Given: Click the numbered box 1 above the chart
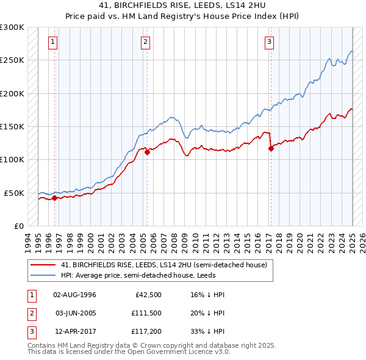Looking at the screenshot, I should click(x=54, y=42).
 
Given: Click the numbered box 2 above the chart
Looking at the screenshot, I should click(x=146, y=42).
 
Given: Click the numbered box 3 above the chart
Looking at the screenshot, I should click(x=269, y=42).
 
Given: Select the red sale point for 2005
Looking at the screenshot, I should click(x=147, y=153).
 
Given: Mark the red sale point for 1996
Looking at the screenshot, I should click(x=55, y=198).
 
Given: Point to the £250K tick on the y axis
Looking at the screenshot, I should click(x=12, y=60).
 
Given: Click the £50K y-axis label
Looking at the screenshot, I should click(x=14, y=193).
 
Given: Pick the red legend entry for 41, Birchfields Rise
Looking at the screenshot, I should click(x=163, y=265).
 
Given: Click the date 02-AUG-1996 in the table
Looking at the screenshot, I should click(x=75, y=295).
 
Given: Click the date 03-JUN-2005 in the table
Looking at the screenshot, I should click(x=75, y=313).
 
